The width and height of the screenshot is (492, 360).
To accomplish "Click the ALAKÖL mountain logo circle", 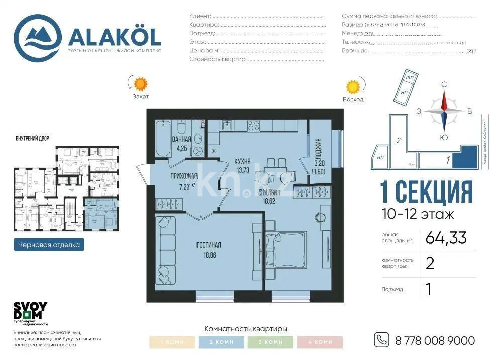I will [x=38, y=38].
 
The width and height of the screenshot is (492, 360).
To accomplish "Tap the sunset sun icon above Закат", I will [x=140, y=83].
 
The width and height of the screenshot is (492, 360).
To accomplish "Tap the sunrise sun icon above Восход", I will [x=353, y=87].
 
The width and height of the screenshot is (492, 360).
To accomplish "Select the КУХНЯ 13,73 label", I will [x=242, y=165].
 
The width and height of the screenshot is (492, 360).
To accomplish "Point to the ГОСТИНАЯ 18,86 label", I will [x=209, y=249].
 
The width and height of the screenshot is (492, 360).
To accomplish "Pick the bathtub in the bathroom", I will [x=163, y=138].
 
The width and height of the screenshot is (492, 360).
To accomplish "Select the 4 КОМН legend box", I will [x=320, y=342].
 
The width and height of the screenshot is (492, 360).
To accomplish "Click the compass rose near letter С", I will [x=444, y=111].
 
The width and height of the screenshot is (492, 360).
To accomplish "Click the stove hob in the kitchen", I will [x=254, y=125].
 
